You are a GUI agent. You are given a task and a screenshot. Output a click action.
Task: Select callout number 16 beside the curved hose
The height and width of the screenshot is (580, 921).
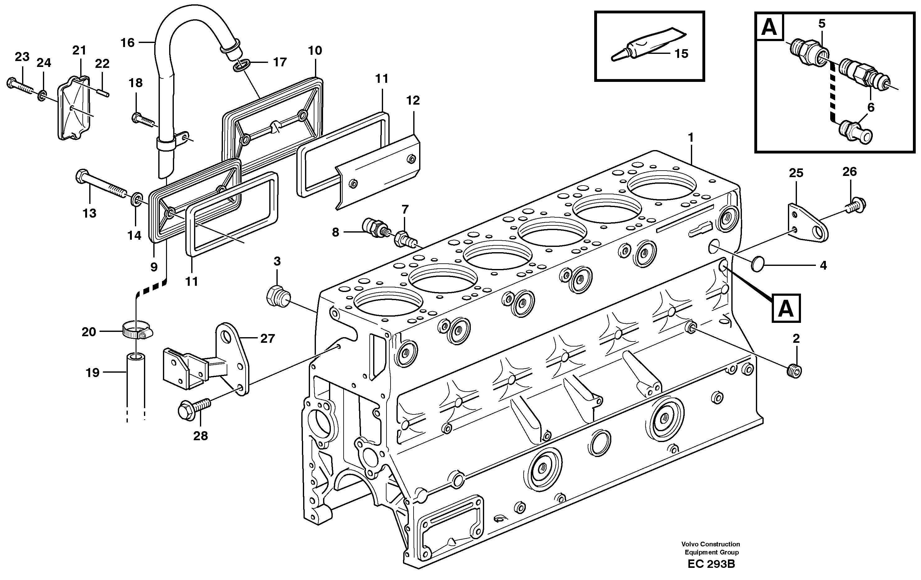click(127, 42)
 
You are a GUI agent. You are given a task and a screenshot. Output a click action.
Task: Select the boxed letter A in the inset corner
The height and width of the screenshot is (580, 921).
click(770, 27)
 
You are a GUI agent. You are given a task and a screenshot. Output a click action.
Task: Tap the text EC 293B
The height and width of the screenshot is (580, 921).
click(711, 564)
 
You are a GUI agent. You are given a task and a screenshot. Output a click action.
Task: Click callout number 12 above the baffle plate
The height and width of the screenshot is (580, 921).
click(413, 100)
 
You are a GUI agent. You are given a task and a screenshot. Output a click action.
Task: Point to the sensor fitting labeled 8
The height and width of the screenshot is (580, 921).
click(376, 229)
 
